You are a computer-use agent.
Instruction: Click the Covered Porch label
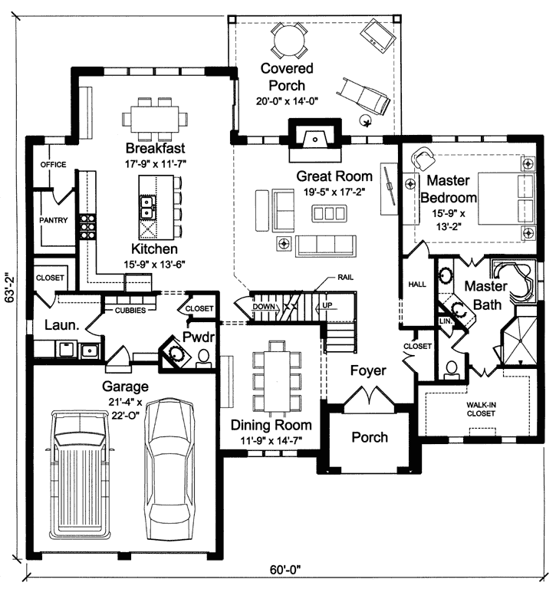pos(282,77)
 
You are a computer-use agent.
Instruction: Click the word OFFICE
pos(53,164)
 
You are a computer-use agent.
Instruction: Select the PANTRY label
pos(54,220)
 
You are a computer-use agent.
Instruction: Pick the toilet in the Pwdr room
pos(203,357)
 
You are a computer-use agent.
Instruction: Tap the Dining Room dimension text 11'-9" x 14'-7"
pos(266,440)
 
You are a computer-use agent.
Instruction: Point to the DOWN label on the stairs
pos(263,305)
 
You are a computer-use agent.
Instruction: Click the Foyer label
pos(368,370)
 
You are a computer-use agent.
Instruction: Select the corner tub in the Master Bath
pos(507,277)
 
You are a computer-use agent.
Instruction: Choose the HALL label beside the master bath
pos(417,284)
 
